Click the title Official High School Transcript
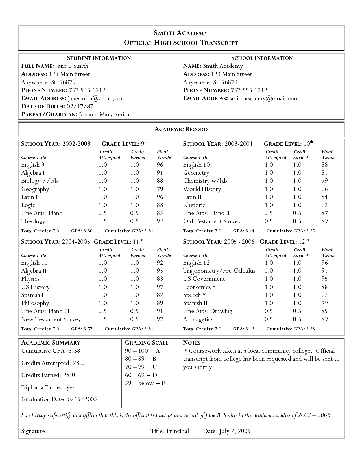point(181,43)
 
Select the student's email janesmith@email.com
point(97,99)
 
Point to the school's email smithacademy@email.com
point(264,99)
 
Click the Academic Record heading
point(181,129)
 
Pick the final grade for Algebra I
point(160,173)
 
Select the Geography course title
point(35,189)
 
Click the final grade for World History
point(324,189)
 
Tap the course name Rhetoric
point(194,205)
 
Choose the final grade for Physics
point(160,279)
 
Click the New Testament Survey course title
point(51,319)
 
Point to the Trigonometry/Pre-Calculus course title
point(219,271)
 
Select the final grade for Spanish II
point(324,303)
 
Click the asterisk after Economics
point(214,287)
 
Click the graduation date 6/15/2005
point(82,399)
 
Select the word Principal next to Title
point(178,431)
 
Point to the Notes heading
point(192,343)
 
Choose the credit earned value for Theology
point(134,221)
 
